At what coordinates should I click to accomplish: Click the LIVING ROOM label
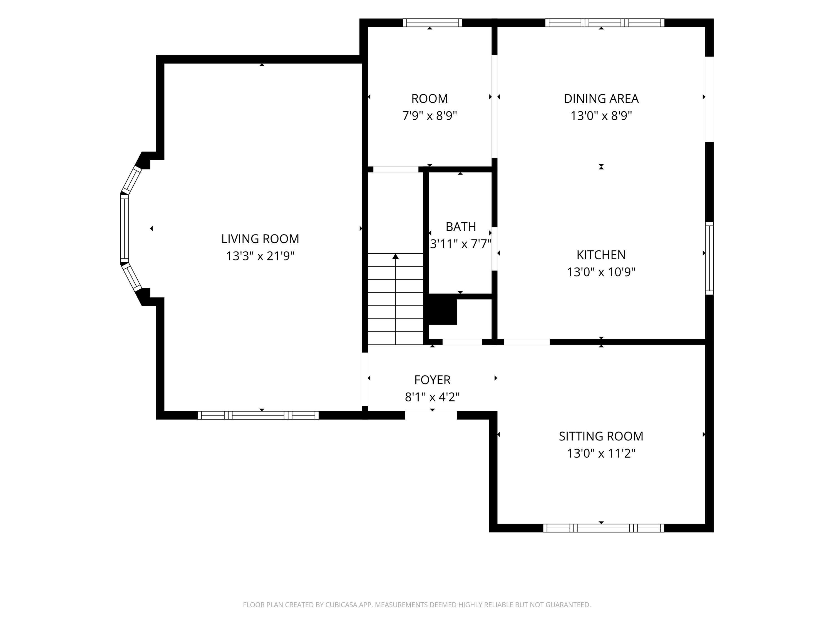coord(260,239)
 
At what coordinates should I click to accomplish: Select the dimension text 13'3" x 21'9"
coord(260,256)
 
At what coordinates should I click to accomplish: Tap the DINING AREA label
coord(601,98)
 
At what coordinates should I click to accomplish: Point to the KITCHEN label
coord(601,255)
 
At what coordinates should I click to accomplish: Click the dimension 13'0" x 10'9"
coord(601,272)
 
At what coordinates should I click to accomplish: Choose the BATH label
coord(461,227)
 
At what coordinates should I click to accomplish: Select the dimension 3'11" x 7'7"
coord(461,244)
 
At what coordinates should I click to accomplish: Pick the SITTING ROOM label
coord(601,436)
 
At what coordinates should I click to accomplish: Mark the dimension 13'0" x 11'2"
coord(601,453)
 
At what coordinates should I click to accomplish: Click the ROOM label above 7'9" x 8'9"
coord(430,98)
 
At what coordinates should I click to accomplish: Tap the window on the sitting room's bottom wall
coord(603,528)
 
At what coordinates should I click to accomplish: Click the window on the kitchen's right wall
coord(709,258)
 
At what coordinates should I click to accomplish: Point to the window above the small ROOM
coord(433,23)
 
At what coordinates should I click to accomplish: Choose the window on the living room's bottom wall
coord(258,415)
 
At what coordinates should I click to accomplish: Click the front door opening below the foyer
coord(431,415)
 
